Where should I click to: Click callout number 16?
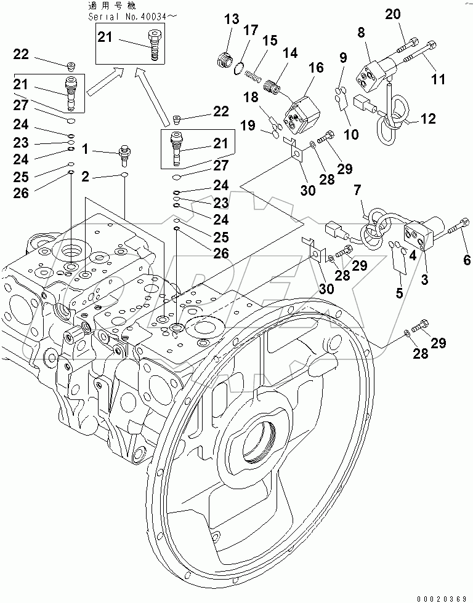pos(315,67)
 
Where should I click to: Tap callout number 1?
pos(86,148)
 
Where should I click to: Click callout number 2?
pos(86,177)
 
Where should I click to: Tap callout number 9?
pos(343,59)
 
